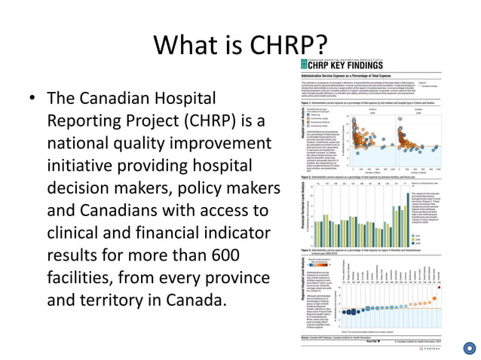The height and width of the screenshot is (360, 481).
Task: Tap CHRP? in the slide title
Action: (x=290, y=45)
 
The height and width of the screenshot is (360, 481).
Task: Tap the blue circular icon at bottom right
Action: (x=469, y=347)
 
